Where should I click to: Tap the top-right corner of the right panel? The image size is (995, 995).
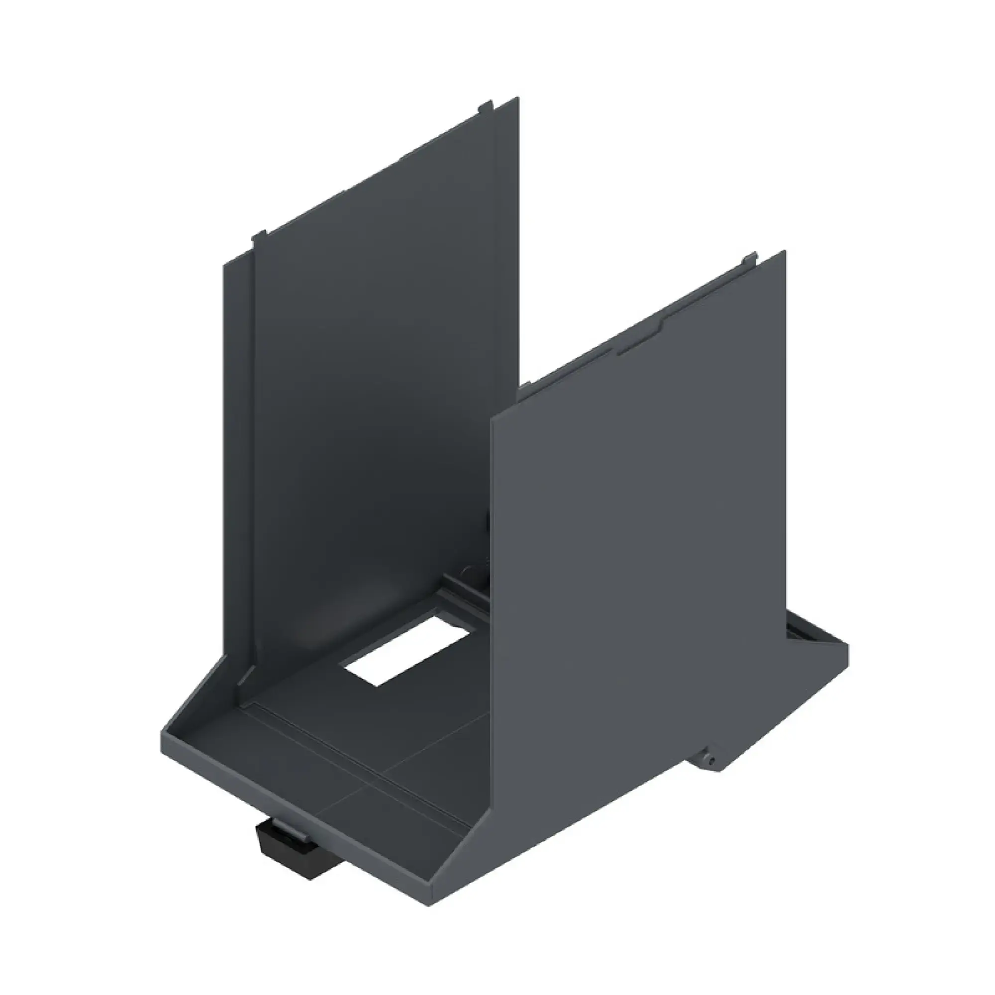(784, 252)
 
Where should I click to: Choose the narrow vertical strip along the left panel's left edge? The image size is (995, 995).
(238, 464)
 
